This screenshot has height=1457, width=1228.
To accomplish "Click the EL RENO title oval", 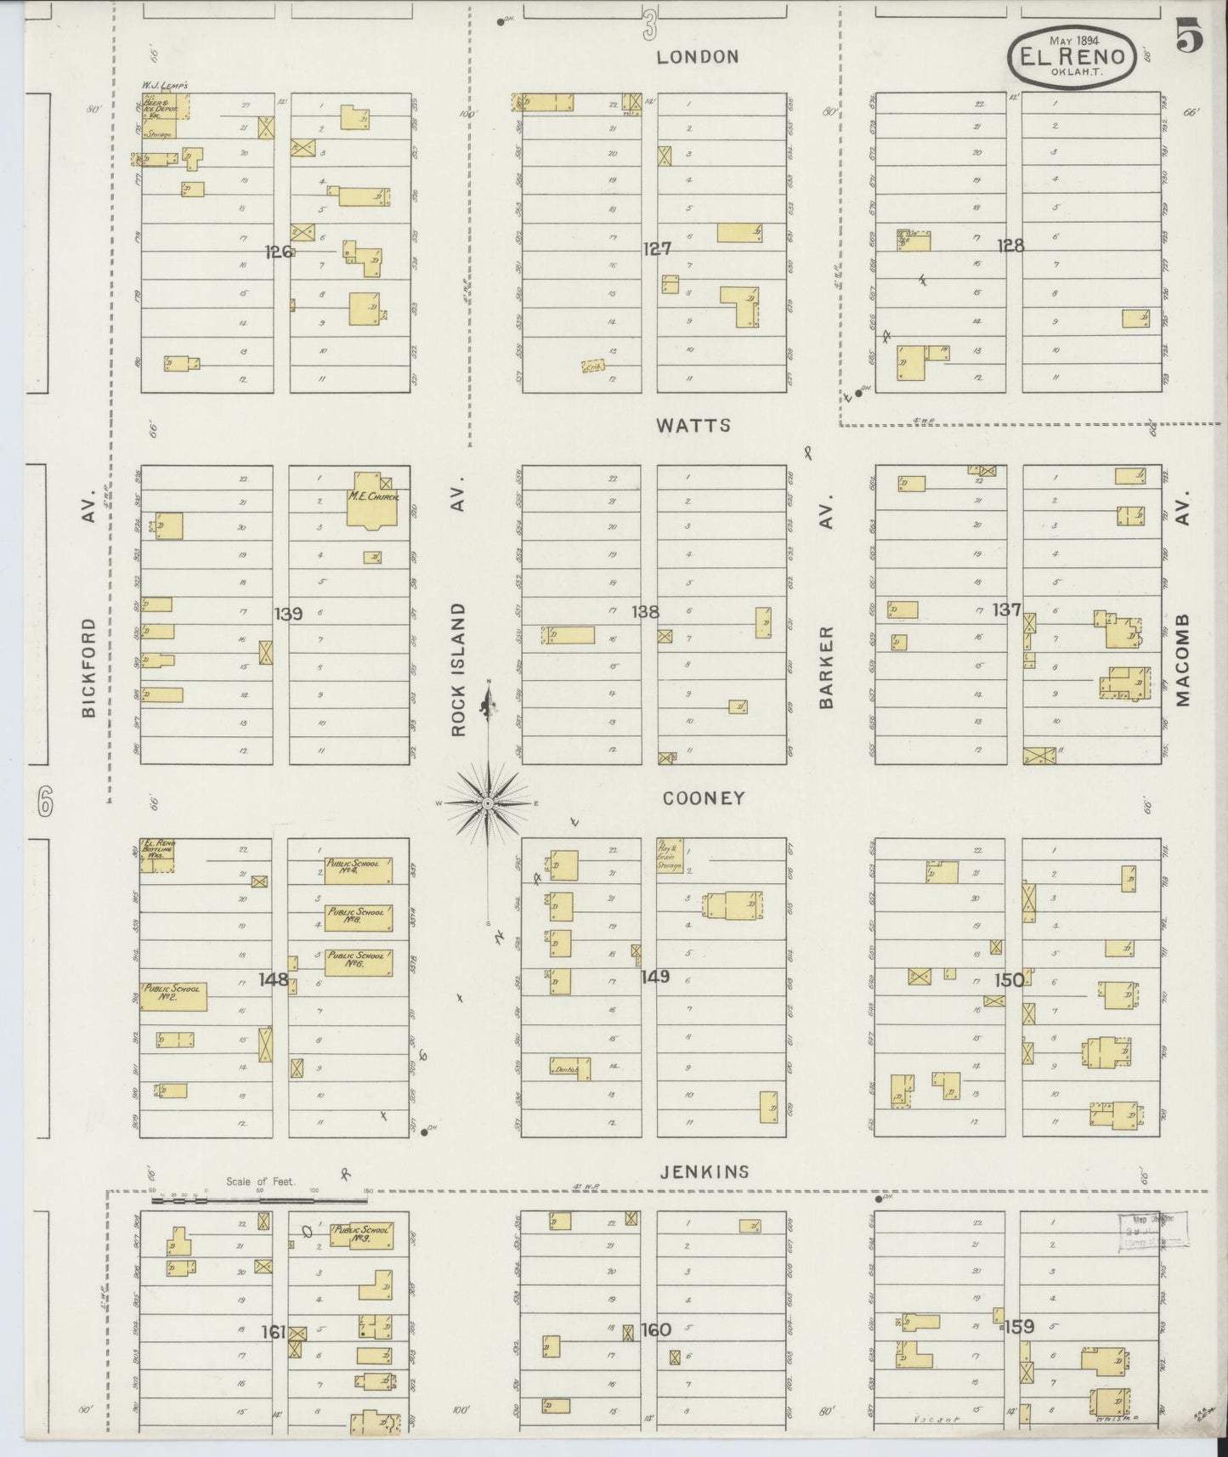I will pos(1072,56).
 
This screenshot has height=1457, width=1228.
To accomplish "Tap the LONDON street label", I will pos(698,57).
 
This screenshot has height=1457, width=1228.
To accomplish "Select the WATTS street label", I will pos(693,425).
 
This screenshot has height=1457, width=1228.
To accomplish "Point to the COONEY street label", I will pos(704,798).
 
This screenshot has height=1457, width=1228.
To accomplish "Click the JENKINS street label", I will pos(705,1171).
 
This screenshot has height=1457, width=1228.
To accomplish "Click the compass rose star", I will pos(489,802).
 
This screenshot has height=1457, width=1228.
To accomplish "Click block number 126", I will pos(279,252).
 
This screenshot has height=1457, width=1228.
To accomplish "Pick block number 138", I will pos(645,611).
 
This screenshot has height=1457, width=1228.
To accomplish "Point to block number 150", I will pos(1009,980).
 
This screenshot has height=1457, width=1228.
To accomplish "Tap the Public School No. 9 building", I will pos(361,1234).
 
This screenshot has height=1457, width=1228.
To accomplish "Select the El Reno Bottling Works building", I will pos(158,855).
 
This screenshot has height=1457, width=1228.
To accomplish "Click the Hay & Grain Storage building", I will pos(670,854).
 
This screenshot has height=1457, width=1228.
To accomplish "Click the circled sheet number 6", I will pos(45,801).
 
